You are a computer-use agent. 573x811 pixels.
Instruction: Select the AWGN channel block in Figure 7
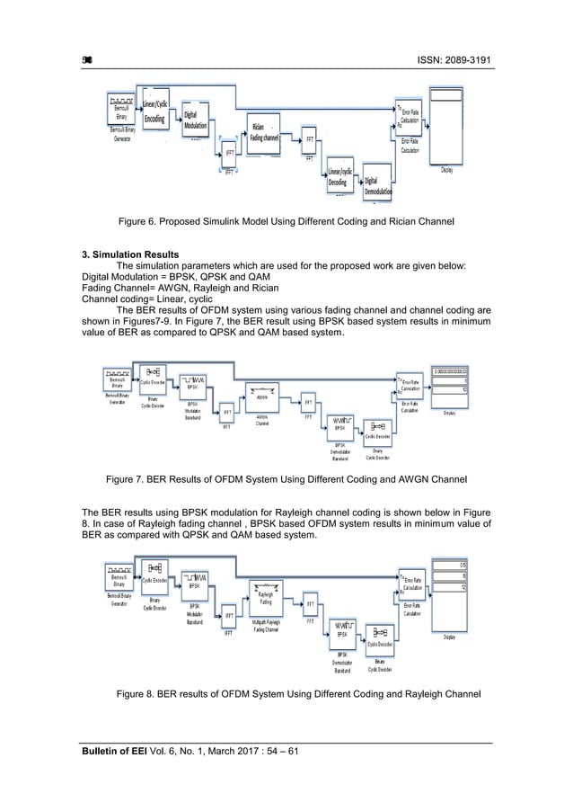coord(262,396)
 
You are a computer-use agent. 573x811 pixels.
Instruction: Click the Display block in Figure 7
coord(455,385)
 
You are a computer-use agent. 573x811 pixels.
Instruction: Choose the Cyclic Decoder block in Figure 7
coord(378,427)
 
